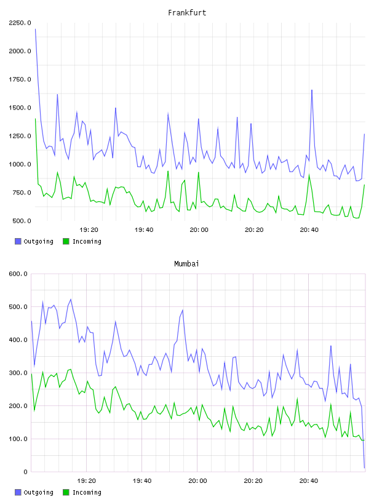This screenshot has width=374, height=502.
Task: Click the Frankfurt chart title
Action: point(187,12)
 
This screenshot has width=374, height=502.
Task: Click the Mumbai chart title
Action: point(186,263)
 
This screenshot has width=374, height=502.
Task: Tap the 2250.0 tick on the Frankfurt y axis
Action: point(20,23)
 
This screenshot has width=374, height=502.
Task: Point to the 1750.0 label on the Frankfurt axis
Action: point(20,79)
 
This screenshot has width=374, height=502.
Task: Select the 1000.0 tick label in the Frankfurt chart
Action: point(20,164)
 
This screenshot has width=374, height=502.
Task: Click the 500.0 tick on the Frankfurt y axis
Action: point(22,221)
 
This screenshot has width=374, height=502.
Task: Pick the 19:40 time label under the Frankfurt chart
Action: point(144,229)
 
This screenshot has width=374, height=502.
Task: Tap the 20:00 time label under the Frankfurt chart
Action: point(199,229)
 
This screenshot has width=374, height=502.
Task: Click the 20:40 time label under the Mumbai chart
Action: point(309,480)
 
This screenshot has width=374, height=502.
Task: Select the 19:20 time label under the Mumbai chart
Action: point(87,480)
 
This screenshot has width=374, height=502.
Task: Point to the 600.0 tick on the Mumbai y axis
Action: point(18,274)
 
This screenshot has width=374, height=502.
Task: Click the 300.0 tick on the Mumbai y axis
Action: point(18,373)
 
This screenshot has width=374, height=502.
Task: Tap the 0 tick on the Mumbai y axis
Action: point(26,472)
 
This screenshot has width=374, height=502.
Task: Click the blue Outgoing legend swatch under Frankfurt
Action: point(18,241)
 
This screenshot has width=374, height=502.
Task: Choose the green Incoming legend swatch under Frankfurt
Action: point(66,241)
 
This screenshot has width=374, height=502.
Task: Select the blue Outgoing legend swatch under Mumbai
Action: point(18,492)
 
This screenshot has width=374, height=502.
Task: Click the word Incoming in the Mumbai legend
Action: point(87,492)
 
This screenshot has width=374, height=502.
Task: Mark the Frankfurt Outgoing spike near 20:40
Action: point(312,90)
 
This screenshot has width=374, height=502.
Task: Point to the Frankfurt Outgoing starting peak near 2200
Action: point(35,30)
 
